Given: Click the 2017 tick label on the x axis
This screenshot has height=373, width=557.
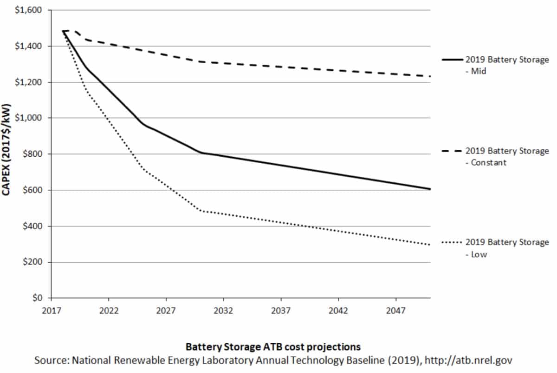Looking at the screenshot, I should pyautogui.click(x=51, y=309).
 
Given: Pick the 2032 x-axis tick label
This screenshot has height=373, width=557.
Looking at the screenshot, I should pyautogui.click(x=223, y=309).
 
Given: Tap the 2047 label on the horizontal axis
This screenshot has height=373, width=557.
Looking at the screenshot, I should pyautogui.click(x=395, y=309).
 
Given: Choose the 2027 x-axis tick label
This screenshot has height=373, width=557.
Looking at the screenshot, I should pyautogui.click(x=166, y=309).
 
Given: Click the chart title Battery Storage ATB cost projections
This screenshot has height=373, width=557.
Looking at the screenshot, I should pyautogui.click(x=273, y=347).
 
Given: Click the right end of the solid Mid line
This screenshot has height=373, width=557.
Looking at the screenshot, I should pyautogui.click(x=430, y=189).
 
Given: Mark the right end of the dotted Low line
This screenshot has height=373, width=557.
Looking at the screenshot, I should pyautogui.click(x=430, y=245).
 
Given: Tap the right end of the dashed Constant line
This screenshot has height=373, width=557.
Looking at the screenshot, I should pyautogui.click(x=430, y=76).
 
